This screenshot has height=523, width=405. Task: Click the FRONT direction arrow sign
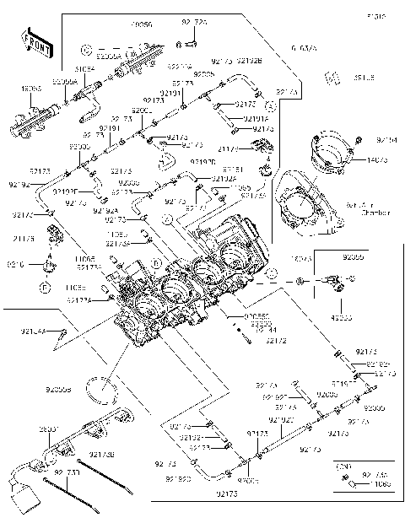33,45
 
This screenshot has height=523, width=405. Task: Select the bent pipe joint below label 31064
91,101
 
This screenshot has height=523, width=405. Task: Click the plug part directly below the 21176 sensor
49,267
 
